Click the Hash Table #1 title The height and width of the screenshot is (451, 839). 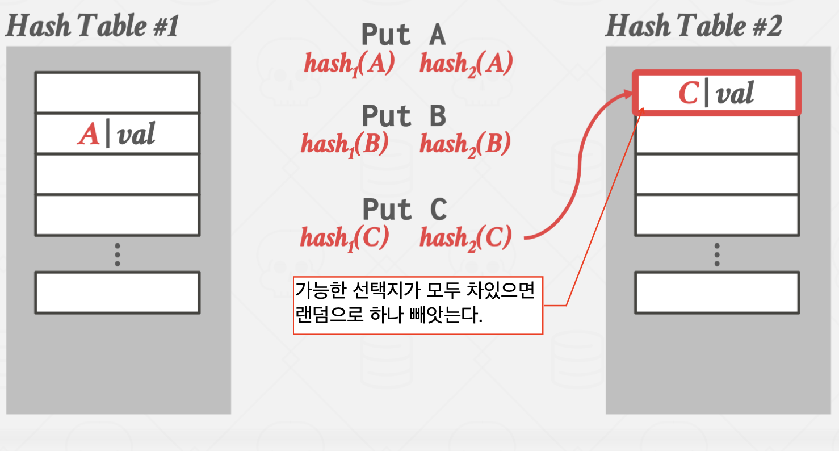(92, 26)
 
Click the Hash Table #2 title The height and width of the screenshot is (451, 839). (693, 26)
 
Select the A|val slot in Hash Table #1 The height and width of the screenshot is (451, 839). (117, 134)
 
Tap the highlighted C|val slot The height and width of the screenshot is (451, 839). (716, 93)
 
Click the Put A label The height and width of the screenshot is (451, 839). (404, 35)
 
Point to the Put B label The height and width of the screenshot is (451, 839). (404, 116)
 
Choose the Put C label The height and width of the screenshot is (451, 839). (404, 210)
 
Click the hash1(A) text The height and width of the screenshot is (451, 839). (349, 64)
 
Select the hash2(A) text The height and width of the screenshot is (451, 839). (466, 64)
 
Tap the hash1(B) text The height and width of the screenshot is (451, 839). (345, 145)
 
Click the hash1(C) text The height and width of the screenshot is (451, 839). (345, 238)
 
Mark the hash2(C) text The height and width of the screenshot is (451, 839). (465, 238)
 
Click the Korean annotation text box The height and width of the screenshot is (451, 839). (418, 306)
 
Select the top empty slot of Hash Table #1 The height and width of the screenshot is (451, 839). (117, 93)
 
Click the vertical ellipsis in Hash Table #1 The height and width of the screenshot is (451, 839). (117, 254)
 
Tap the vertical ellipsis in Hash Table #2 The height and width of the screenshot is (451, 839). (717, 254)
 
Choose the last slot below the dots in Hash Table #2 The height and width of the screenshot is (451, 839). (717, 293)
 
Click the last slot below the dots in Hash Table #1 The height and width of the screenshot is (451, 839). (117, 293)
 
